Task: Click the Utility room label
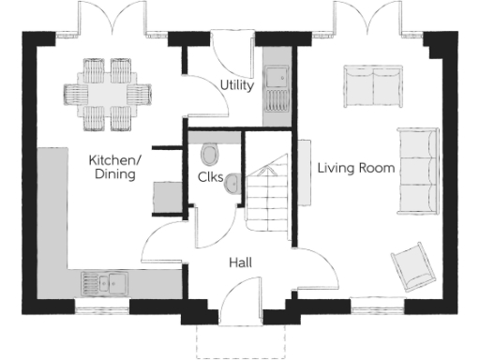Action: tap(236, 85)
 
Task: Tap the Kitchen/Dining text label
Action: tap(114, 167)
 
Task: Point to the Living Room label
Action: tap(355, 169)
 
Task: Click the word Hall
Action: tap(240, 263)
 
